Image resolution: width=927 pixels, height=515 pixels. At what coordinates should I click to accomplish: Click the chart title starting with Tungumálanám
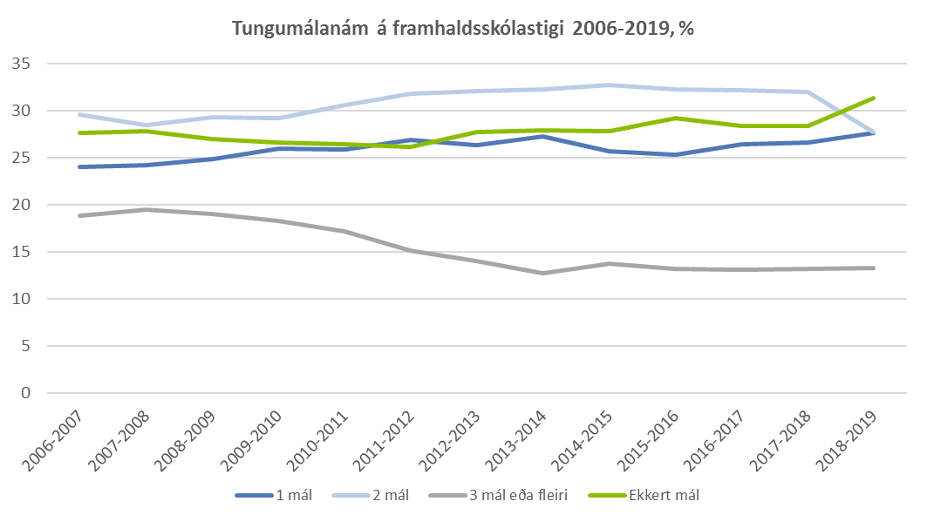[463, 28]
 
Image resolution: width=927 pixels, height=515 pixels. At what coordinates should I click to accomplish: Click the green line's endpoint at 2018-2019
[873, 98]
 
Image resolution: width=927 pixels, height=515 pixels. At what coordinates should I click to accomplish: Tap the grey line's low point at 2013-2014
[542, 273]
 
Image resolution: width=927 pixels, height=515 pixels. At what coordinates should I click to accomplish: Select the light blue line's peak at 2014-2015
[609, 85]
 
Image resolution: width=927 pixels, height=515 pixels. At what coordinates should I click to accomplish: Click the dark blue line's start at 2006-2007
[80, 166]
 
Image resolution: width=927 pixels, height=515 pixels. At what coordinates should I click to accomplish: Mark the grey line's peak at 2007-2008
[147, 209]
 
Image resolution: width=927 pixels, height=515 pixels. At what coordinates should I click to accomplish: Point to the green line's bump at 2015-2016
[675, 118]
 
